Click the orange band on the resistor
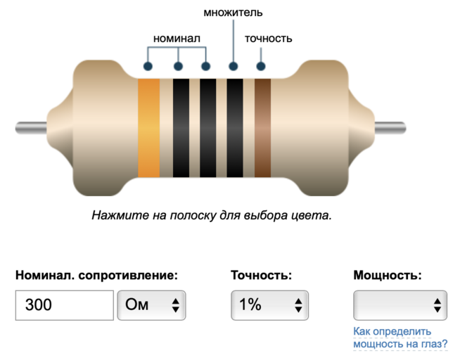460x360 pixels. pos(148,127)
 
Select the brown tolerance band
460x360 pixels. pos(262,127)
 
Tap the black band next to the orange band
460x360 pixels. pos(181,127)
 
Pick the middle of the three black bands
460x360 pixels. pos(207,127)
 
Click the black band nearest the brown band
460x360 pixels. pos(234,127)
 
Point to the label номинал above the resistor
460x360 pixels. pos(177,38)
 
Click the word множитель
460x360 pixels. pos(233,13)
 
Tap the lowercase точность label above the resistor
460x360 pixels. pos(268,38)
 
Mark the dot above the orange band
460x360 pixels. pos(148,67)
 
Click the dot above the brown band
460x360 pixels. pos(261,67)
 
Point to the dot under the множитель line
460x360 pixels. pos(233,67)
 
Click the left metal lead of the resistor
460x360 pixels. pos(32,127)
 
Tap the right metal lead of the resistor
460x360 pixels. pos(390,127)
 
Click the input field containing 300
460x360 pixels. pos(64,305)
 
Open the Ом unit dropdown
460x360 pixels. pos(151,305)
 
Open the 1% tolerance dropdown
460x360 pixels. pos(270,305)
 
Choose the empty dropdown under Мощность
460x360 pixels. pos(400,305)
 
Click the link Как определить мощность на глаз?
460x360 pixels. pos(400,337)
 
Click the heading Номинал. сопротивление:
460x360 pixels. pos(96,275)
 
